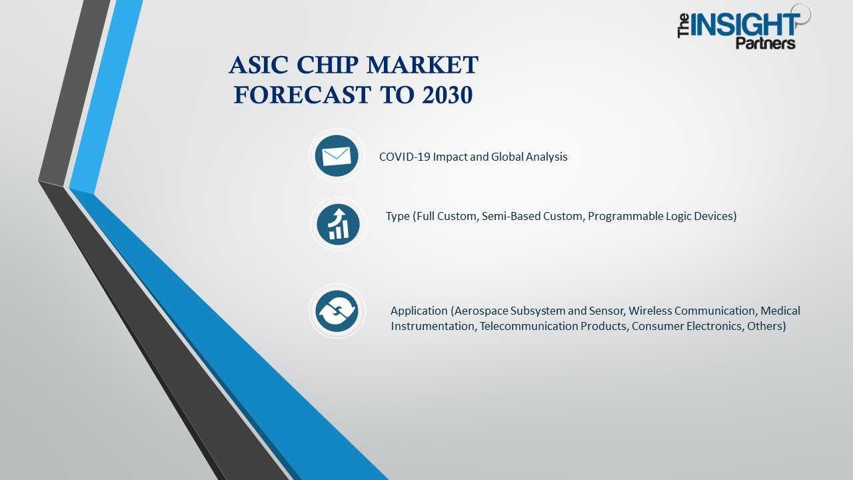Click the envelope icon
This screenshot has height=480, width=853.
[x=337, y=156]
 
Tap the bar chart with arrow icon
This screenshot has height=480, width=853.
[x=338, y=223]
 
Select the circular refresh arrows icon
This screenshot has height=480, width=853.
[x=337, y=311]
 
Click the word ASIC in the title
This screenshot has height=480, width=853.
[x=258, y=66]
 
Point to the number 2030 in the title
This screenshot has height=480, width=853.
[x=446, y=95]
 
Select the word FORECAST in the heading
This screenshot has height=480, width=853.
[x=301, y=95]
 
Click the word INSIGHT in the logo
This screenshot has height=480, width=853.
[x=745, y=25]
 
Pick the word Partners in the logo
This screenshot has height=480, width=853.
[x=765, y=44]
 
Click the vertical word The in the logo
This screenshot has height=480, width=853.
[x=684, y=27]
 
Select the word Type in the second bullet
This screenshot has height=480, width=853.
[x=397, y=216]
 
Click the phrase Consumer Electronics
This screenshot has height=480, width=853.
[x=686, y=326]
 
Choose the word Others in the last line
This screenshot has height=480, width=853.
[x=764, y=326]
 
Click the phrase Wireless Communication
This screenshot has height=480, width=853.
[x=692, y=311]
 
